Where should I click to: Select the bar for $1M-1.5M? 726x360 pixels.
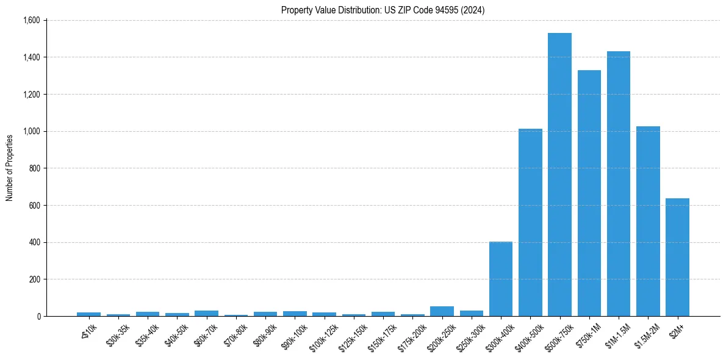619,184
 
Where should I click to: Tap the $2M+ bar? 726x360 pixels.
677,257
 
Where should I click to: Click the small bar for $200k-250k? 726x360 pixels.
442,311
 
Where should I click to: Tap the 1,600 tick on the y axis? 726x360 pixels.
31,20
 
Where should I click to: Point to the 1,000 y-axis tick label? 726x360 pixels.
31,131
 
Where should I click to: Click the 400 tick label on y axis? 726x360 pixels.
34,242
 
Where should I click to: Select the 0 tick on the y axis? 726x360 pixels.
38,316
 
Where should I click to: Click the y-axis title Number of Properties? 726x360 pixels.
9,168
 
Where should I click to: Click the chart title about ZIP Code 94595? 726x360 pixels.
383,10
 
